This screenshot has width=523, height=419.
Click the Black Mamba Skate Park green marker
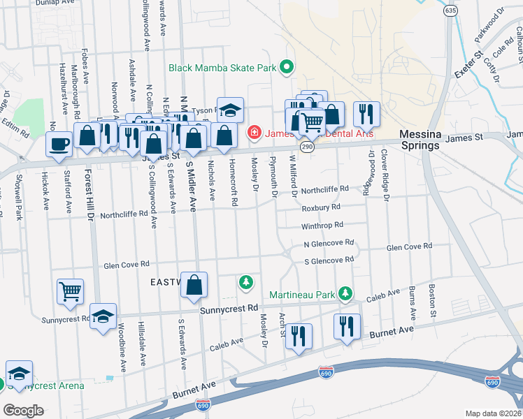click(x=286, y=68)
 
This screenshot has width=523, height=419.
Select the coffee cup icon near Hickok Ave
click(x=59, y=144)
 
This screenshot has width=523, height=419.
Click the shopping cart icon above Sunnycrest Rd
click(x=71, y=292)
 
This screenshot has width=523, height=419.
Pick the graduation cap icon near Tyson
click(x=229, y=110)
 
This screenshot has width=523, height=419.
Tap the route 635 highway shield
click(x=450, y=11)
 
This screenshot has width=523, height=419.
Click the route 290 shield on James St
click(x=307, y=147)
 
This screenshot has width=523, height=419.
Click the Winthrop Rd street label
click(x=322, y=226)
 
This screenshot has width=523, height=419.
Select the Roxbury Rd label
click(x=321, y=208)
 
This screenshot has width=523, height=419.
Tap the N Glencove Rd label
click(x=329, y=244)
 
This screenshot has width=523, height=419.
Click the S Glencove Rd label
click(x=329, y=260)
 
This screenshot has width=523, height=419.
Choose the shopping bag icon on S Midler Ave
click(x=194, y=284)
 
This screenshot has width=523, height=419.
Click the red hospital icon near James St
click(x=255, y=132)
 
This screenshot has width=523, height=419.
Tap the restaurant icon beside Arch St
click(x=299, y=336)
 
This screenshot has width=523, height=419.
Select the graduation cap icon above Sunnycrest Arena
click(x=20, y=372)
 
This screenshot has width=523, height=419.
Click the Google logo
click(x=23, y=411)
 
